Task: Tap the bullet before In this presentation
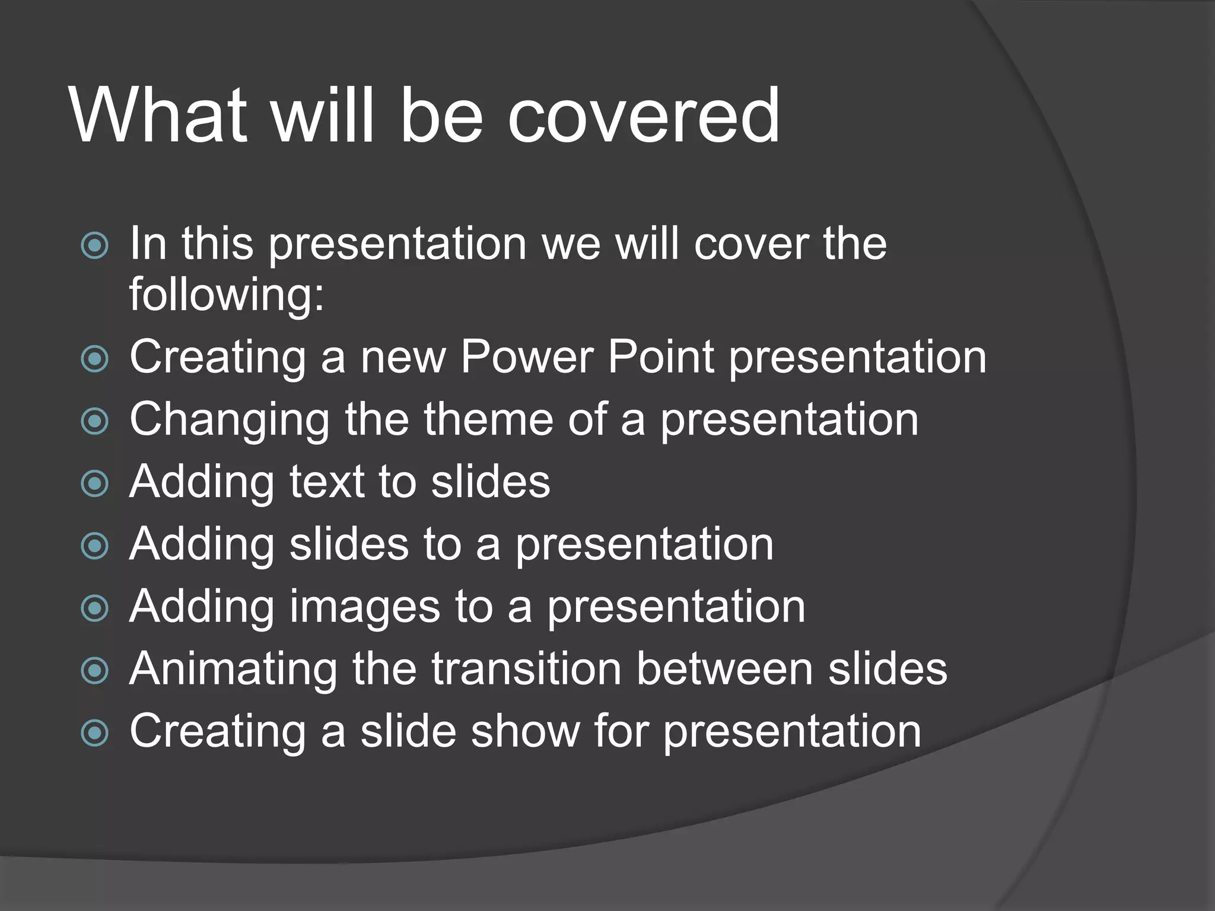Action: [94, 246]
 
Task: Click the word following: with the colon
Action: [227, 295]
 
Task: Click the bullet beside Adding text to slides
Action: [94, 484]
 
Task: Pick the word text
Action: [326, 482]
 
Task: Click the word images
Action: [364, 608]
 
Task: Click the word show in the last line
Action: [525, 731]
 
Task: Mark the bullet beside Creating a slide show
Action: [94, 733]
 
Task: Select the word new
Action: [403, 358]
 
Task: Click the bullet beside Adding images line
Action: [94, 609]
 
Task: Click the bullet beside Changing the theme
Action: [94, 422]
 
